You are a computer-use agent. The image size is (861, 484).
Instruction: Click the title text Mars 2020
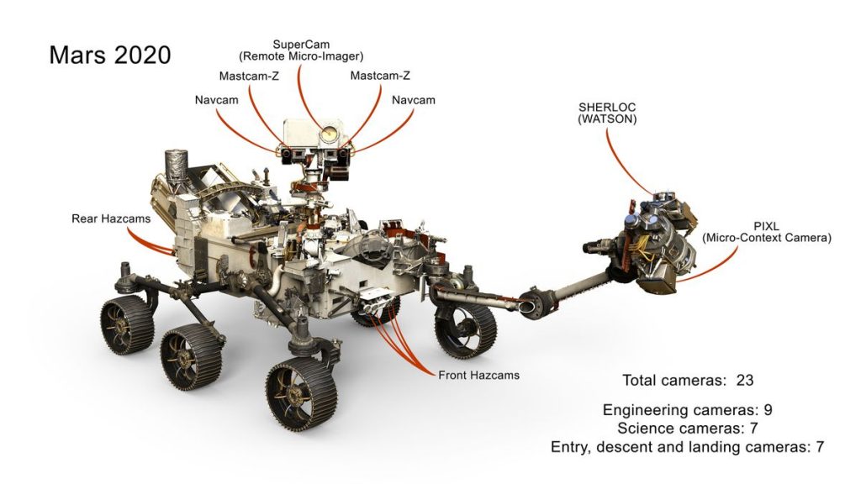[109, 55]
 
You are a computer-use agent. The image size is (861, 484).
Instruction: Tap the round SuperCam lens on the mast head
[327, 132]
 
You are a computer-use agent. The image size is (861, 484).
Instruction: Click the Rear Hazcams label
[111, 218]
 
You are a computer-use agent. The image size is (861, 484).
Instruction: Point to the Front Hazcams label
[478, 375]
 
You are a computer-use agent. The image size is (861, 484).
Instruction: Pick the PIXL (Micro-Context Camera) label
[767, 233]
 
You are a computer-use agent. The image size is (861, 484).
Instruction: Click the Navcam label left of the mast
[216, 100]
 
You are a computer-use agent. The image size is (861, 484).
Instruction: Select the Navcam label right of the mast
[414, 100]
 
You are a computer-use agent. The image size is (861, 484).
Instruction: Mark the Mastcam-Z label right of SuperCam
[380, 76]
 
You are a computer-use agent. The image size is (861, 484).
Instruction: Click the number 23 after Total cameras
[744, 380]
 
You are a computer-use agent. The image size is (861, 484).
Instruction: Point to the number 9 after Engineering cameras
[767, 410]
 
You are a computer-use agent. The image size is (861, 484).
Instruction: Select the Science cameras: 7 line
[687, 429]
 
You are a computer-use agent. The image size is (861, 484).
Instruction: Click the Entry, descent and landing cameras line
[687, 447]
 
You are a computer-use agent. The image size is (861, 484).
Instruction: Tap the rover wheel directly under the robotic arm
[465, 329]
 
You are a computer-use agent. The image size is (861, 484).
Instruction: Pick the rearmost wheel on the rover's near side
[127, 324]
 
